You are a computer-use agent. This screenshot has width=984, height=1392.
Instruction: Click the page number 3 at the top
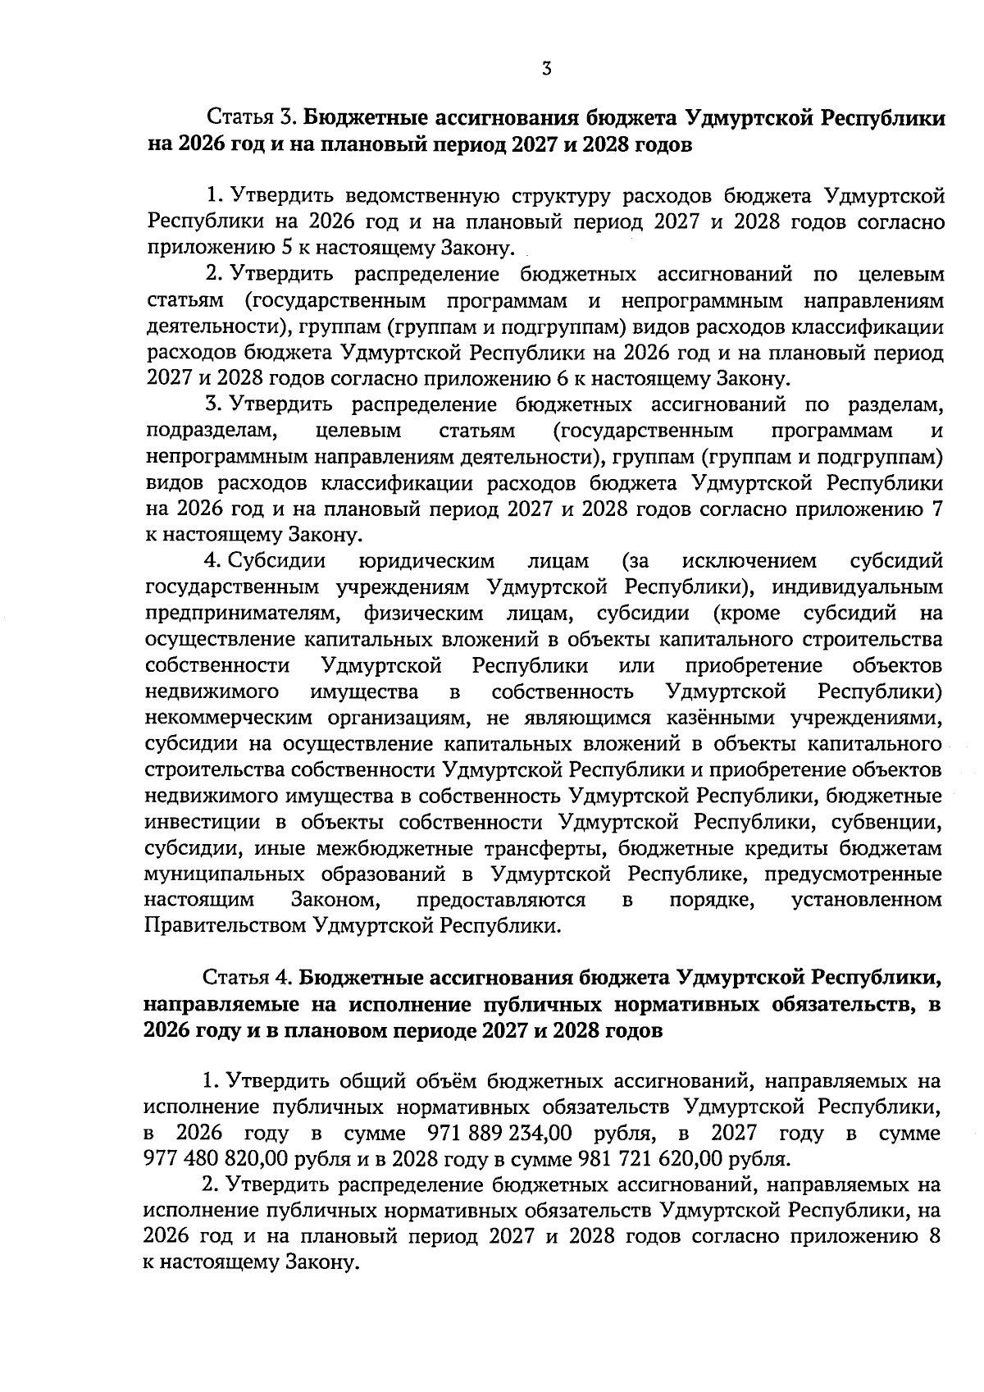coord(546,69)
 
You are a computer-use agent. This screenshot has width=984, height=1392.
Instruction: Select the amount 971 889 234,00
coord(500,1134)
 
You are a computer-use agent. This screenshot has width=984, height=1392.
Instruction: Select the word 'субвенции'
coord(893,822)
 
